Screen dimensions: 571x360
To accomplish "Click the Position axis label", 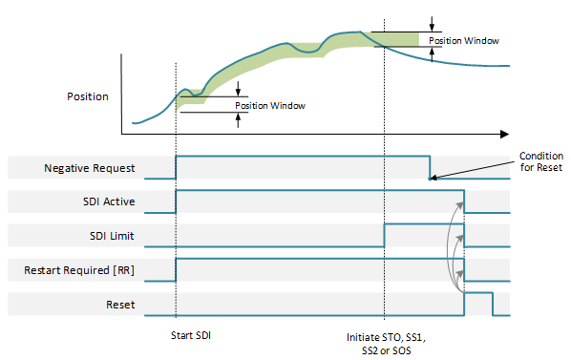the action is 87,96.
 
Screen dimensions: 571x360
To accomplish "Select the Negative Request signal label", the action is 90,168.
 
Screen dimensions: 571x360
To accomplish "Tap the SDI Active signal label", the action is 108,201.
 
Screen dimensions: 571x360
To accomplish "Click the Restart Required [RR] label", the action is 79,270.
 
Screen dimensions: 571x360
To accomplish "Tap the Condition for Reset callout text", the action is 540,162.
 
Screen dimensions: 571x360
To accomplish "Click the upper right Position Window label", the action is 463,41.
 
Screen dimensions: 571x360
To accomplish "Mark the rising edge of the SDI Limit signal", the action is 384,235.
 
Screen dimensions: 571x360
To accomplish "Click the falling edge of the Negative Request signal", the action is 429,166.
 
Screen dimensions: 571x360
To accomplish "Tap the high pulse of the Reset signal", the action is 477,293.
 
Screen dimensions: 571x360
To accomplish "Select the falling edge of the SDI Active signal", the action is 464,201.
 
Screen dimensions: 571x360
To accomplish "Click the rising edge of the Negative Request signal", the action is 176,166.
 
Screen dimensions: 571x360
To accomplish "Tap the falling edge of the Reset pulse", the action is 492,304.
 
